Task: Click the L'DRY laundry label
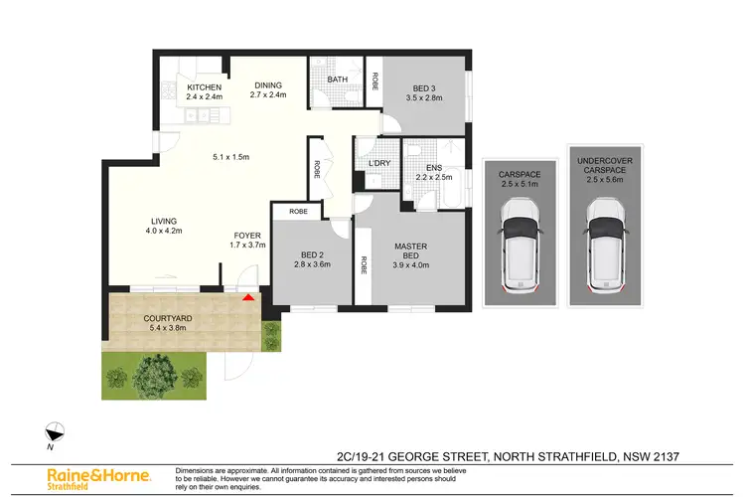(x=378, y=163)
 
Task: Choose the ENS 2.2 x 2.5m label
(x=433, y=173)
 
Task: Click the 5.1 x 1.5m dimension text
(x=229, y=155)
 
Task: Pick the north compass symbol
(x=57, y=432)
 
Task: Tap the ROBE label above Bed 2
(x=297, y=212)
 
